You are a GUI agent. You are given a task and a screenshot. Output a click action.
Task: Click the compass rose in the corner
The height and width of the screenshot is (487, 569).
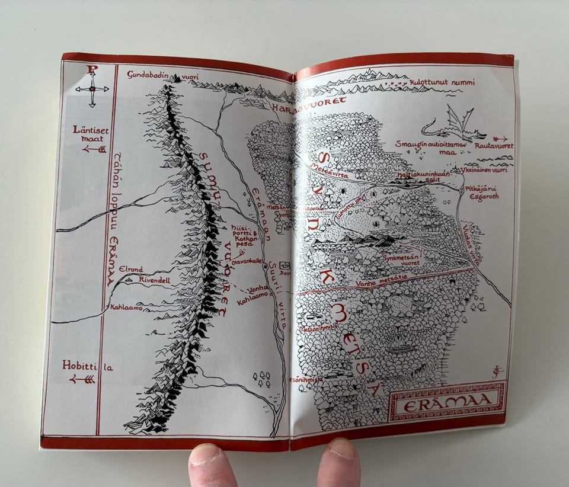coord(92,88)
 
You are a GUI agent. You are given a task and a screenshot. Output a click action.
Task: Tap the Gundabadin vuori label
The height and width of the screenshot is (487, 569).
coord(155,75)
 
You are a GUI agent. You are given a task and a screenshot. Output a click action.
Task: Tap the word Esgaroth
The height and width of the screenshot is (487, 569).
coord(483,196)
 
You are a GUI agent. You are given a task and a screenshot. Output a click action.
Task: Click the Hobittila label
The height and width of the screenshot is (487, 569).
coord(87,366)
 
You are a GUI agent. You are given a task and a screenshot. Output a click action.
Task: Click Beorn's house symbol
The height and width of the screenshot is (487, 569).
coord(284,265)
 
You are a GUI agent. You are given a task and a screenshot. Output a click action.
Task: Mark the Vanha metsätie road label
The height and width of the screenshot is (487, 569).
coord(381,285)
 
